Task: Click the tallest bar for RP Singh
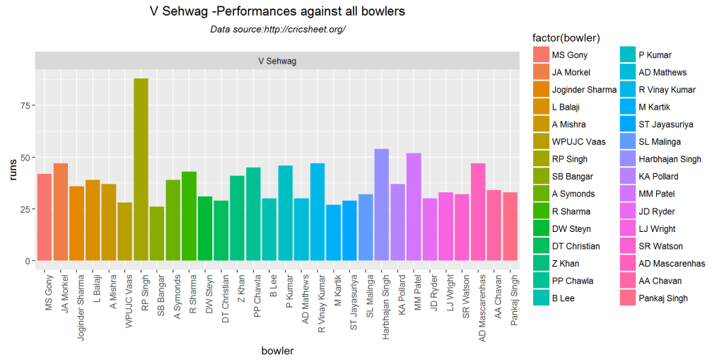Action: click(141, 170)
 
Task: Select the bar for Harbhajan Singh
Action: click(381, 205)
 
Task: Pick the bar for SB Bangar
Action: click(157, 233)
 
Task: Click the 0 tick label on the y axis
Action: click(26, 261)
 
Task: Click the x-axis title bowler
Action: click(277, 351)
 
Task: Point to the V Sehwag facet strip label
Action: click(277, 61)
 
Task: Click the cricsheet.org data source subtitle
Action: click(277, 29)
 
